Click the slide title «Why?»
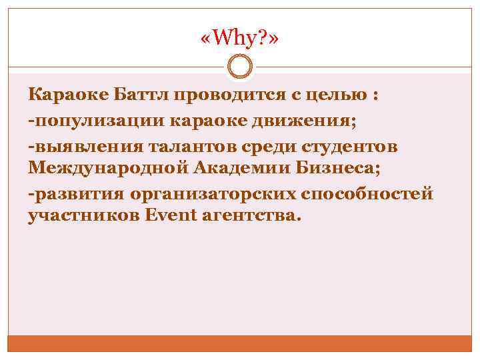pyautogui.click(x=239, y=41)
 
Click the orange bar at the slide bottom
pyautogui.click(x=239, y=343)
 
